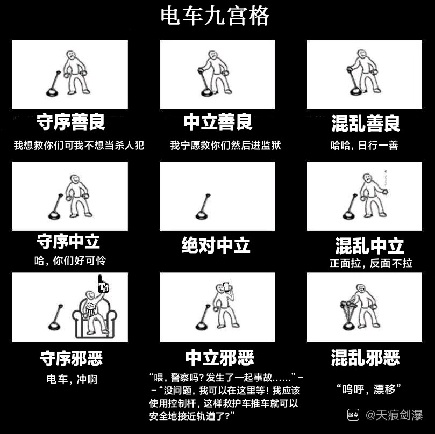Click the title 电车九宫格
pos(215,16)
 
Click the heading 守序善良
pos(70,122)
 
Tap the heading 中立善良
pos(218,122)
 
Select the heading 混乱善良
pos(366,123)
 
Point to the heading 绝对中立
pos(216,245)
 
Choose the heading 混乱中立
pos(369,245)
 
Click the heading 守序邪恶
pos(72,358)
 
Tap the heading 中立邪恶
pos(219,358)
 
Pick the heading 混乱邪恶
pos(365,357)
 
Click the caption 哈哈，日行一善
pos(364,145)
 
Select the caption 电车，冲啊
pos(72,379)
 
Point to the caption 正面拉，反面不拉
pos(371,263)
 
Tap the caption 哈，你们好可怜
pos(70,261)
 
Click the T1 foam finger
pos(103,284)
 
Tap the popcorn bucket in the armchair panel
pos(91,309)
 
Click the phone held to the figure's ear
pos(226,287)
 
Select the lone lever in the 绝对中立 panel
pos(203,207)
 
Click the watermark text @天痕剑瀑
pos(394,415)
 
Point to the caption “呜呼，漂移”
pos(369,389)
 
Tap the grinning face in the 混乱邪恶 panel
pos(360,288)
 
